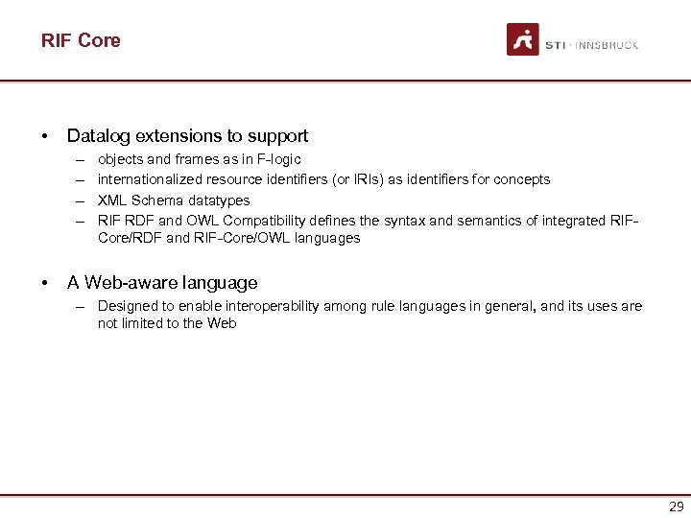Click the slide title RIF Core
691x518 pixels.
point(81,40)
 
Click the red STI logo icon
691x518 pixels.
point(523,40)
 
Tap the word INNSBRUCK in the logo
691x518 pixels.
point(607,45)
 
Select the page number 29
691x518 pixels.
point(676,506)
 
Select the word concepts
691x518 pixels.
point(523,179)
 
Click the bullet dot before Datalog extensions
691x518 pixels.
point(45,137)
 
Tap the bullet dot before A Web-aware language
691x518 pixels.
point(45,283)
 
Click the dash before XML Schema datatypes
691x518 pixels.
point(77,200)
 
